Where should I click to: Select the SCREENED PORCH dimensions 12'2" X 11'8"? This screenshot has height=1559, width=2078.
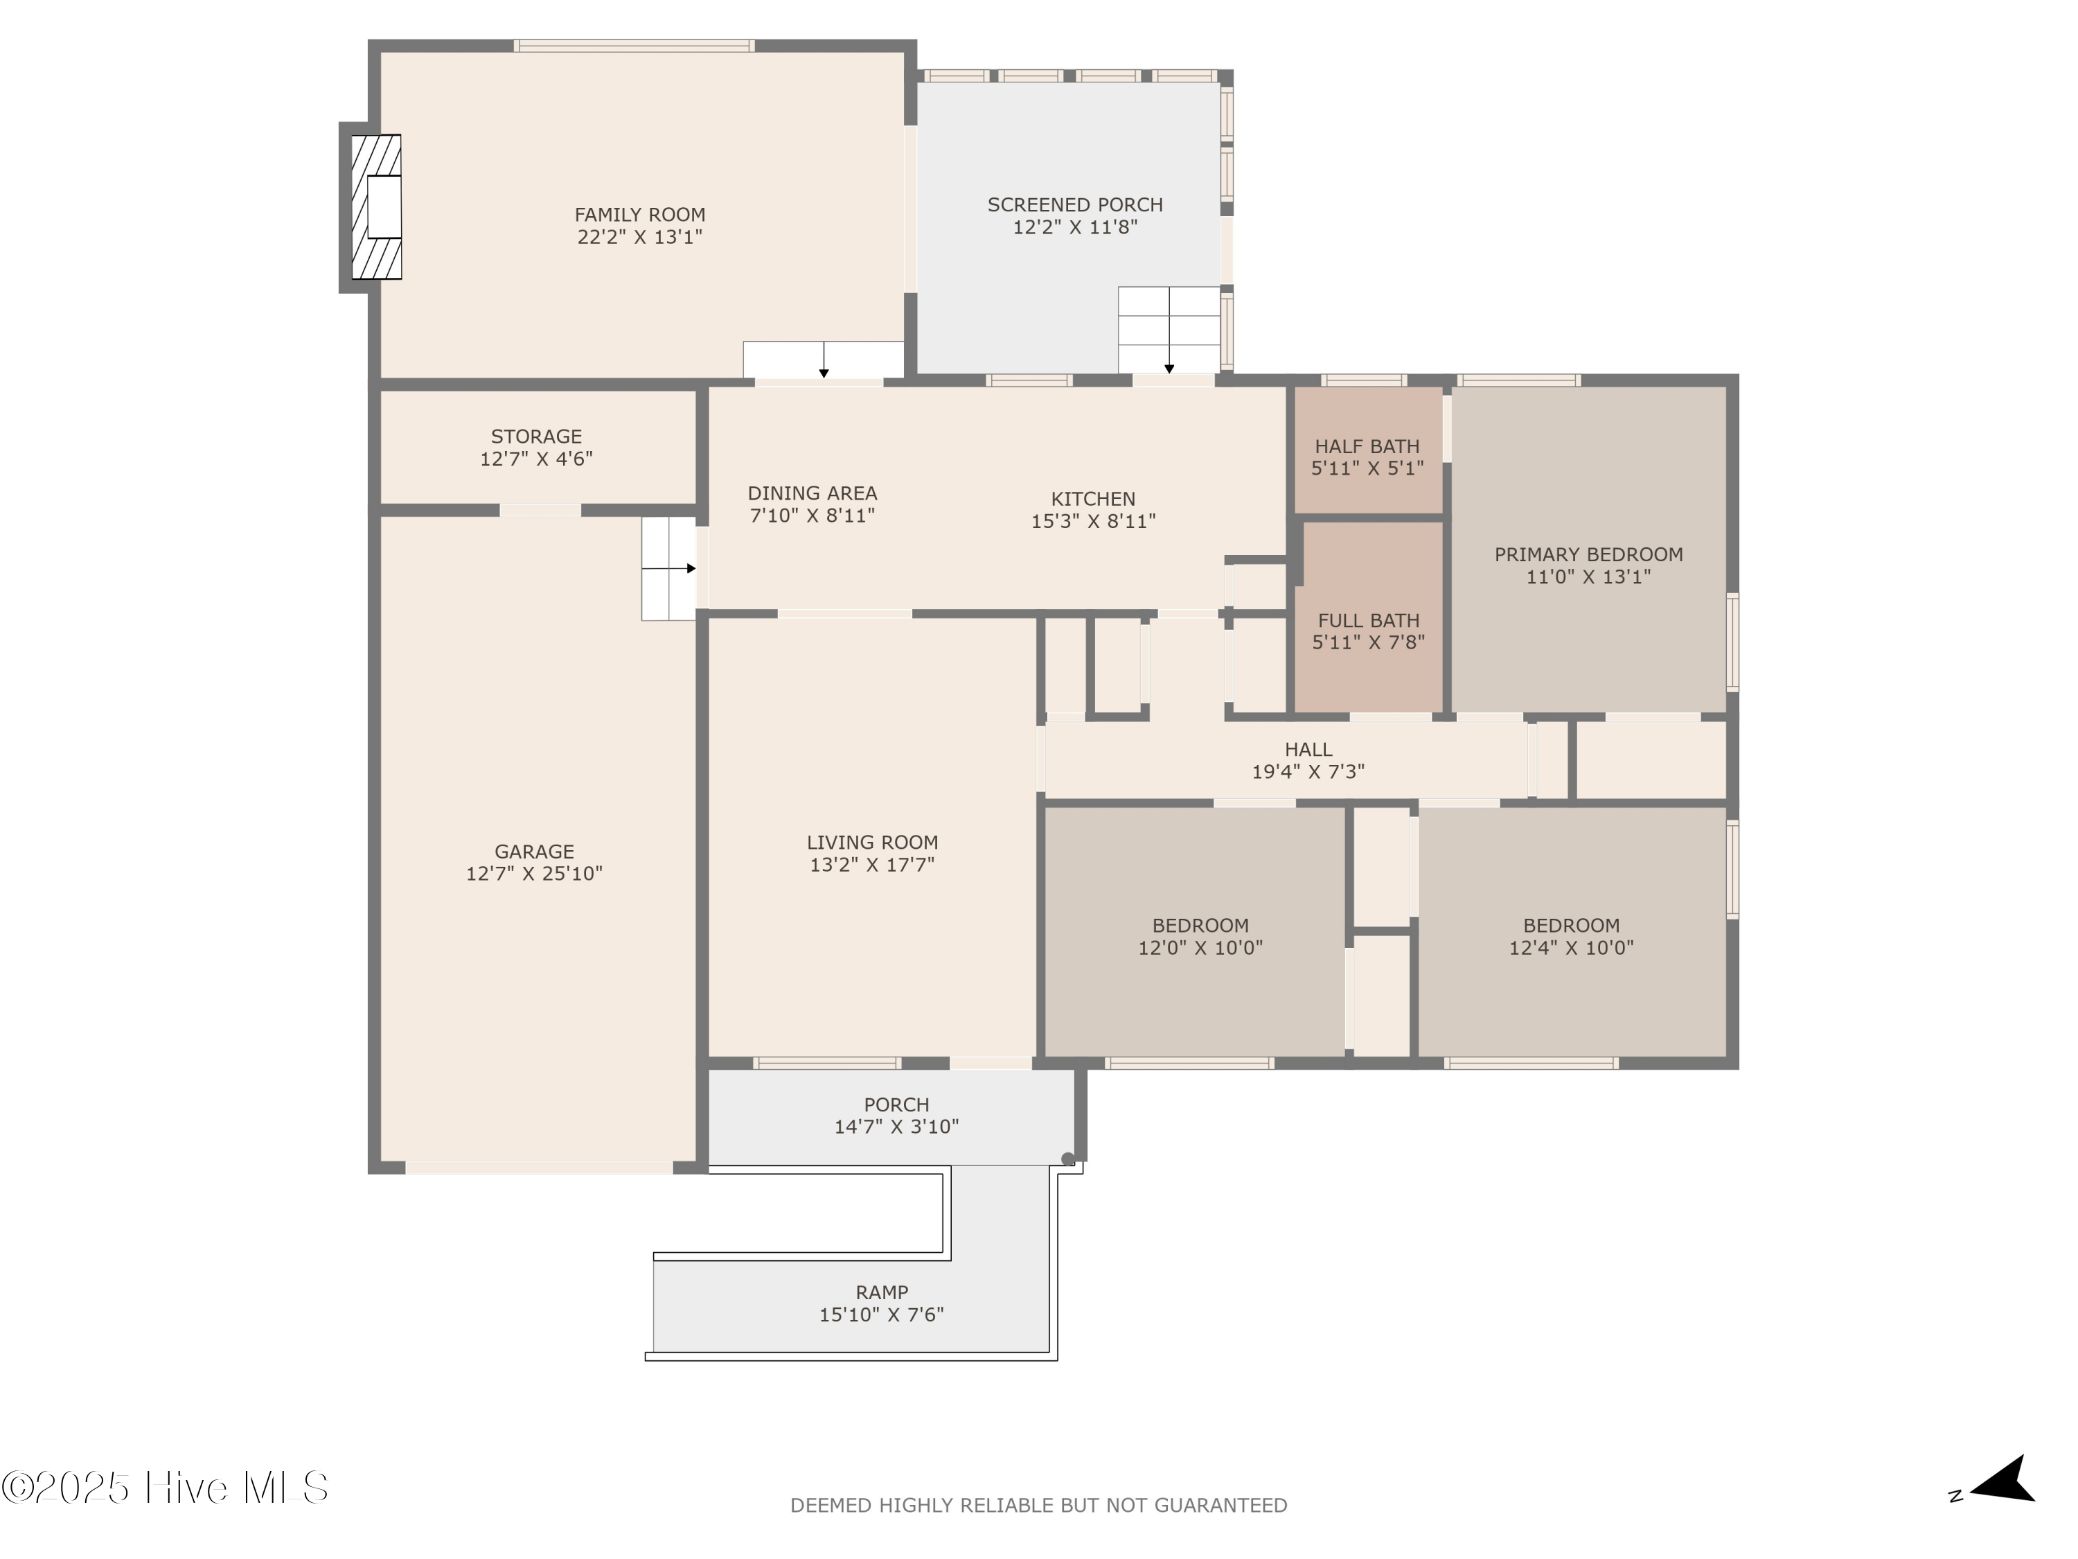tap(1075, 227)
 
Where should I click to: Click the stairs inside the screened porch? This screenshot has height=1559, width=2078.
tap(1169, 329)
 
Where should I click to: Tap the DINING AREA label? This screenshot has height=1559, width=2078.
tap(812, 493)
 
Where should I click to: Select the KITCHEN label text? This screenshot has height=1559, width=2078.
tap(1092, 499)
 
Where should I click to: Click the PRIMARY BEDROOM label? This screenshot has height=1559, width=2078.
tap(1588, 554)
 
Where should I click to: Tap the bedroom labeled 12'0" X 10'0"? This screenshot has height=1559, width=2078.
tap(1200, 937)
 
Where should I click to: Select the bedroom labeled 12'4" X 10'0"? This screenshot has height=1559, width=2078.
tap(1571, 937)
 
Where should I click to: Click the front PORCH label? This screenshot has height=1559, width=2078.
tap(896, 1105)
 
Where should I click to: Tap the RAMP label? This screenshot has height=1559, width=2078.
tap(881, 1292)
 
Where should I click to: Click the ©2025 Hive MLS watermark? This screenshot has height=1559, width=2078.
tap(164, 1488)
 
